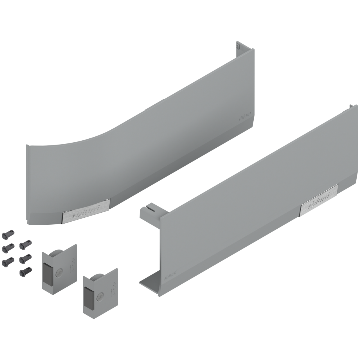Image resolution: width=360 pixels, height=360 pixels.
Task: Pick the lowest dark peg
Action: [25, 272]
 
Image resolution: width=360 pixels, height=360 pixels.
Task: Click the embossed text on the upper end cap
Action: [71, 264]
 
